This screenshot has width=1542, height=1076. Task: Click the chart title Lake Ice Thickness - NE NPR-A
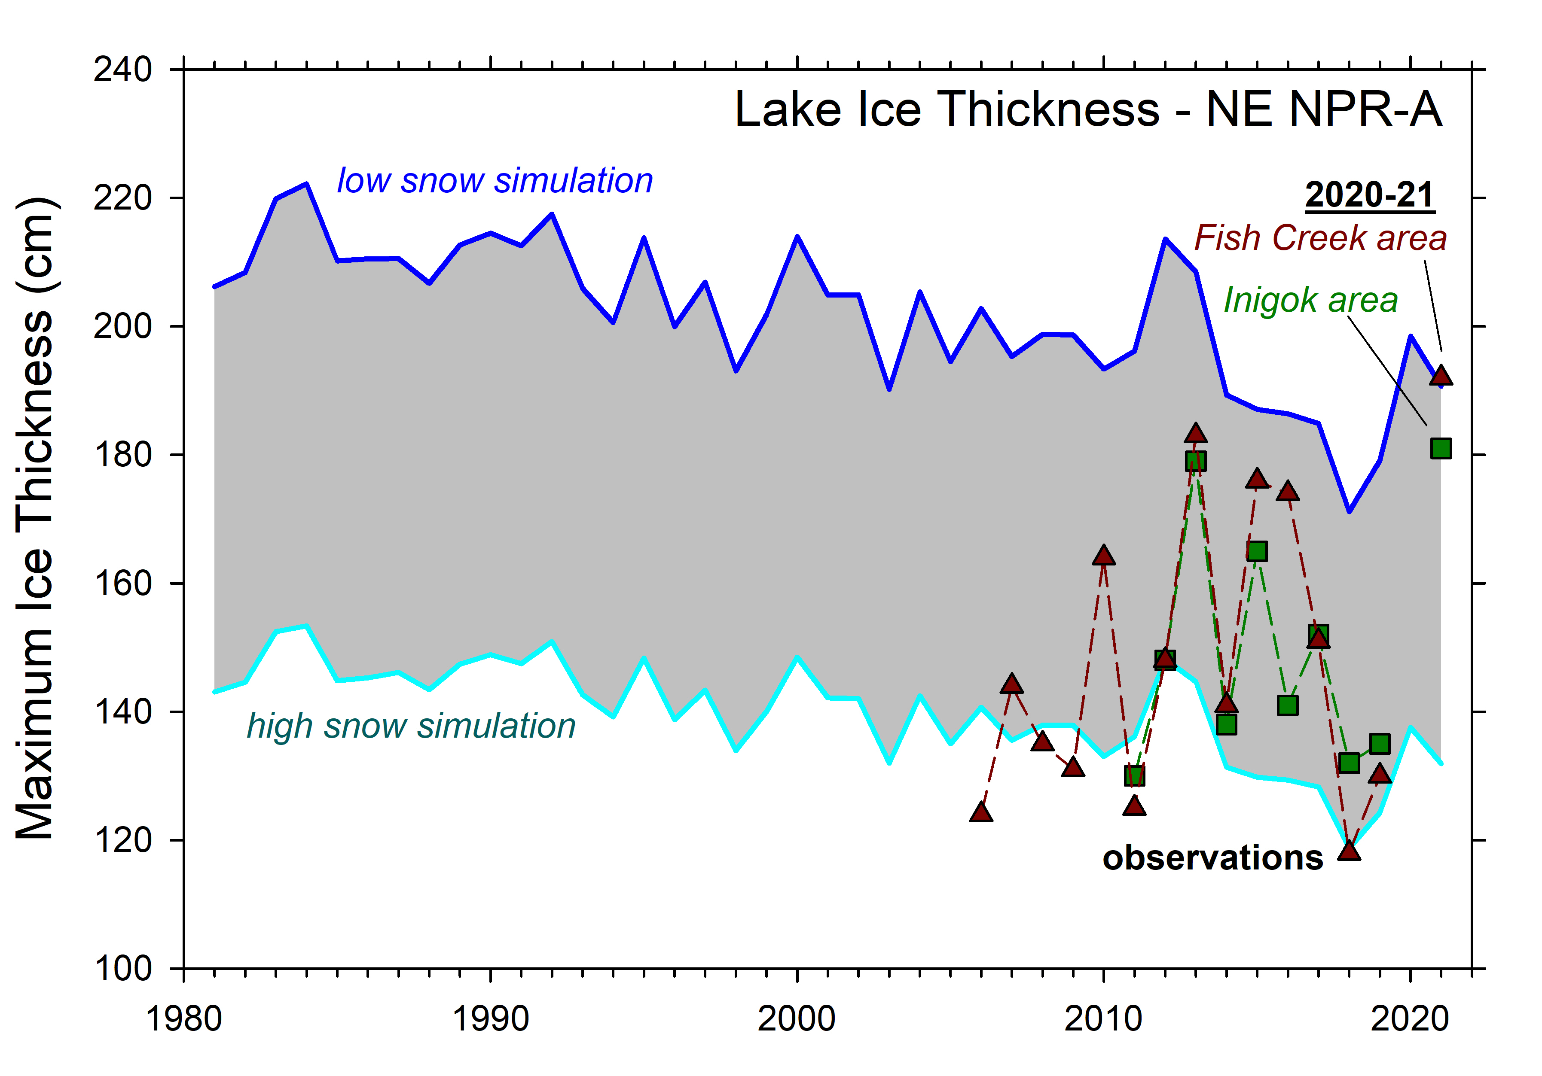pyautogui.click(x=1088, y=109)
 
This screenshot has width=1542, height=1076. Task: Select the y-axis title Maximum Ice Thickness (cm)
pyautogui.click(x=35, y=518)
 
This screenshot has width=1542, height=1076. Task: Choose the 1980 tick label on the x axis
pyautogui.click(x=183, y=1019)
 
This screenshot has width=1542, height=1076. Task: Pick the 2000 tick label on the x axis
pyautogui.click(x=797, y=1019)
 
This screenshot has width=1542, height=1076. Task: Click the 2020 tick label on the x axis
pyautogui.click(x=1410, y=1019)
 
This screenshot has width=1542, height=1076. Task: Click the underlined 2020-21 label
pyautogui.click(x=1369, y=195)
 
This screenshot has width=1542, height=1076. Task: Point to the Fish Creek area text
pyautogui.click(x=1320, y=238)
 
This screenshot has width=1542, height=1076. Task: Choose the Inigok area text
pyautogui.click(x=1310, y=300)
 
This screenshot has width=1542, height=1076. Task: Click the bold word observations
pyautogui.click(x=1212, y=858)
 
